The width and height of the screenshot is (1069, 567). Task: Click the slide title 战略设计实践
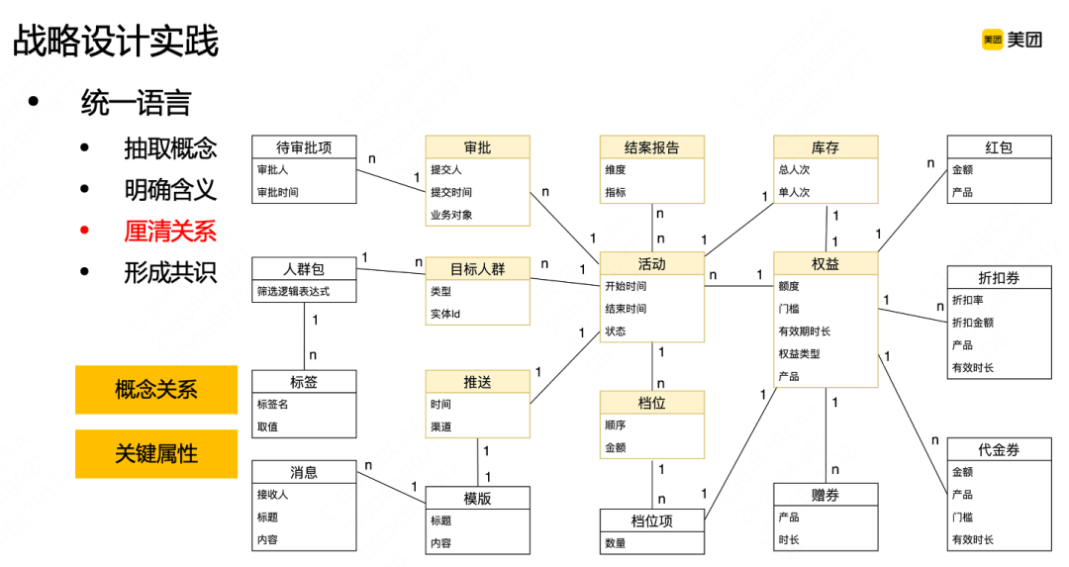coord(116,42)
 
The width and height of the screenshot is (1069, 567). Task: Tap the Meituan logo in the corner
coord(1012,40)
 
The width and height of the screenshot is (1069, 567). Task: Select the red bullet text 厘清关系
coord(170,231)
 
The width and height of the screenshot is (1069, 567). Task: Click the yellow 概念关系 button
coord(156,390)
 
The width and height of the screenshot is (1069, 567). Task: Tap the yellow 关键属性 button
coord(156,454)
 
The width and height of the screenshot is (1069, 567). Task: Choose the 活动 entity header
coord(651,264)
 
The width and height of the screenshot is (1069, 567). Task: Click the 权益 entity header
coord(826,264)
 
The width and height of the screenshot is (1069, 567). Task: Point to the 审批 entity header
coord(477,147)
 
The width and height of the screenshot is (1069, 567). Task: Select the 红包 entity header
coord(999,147)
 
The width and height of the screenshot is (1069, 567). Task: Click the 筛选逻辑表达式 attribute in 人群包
coord(293,291)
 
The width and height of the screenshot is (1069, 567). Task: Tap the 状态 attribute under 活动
coord(616,331)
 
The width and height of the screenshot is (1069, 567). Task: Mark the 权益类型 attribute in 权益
coord(799,354)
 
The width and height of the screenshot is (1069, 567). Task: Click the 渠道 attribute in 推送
coord(441,427)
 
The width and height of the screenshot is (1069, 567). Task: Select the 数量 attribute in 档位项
coord(616,543)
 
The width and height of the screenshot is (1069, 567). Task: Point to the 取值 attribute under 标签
coord(267,426)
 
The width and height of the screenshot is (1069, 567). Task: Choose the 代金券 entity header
coord(999,449)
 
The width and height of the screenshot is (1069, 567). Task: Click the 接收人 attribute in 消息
coord(272,495)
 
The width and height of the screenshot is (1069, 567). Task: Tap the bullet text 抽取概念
coord(170,148)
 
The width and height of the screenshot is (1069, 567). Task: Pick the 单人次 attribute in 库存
coord(794,192)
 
